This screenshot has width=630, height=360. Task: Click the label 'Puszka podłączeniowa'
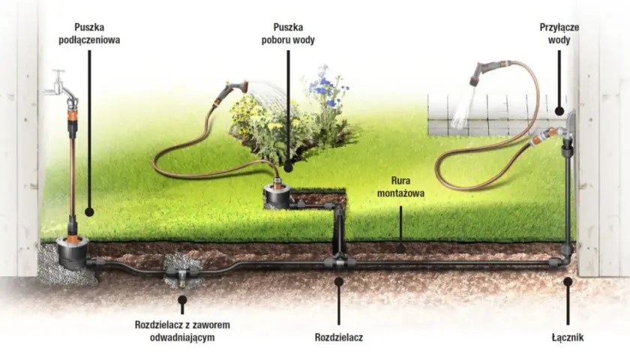click(89, 34)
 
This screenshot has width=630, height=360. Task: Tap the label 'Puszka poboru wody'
click(288, 34)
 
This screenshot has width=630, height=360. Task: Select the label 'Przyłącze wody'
click(559, 34)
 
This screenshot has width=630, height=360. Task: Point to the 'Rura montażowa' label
click(400, 187)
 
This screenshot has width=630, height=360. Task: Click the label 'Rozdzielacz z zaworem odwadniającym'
click(182, 331)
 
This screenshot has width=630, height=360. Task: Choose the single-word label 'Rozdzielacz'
click(339, 337)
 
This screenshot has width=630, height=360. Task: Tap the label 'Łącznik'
click(568, 337)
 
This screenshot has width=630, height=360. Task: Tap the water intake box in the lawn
click(277, 196)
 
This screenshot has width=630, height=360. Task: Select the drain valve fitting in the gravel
click(181, 274)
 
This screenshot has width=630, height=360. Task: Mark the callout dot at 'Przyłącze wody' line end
click(559, 111)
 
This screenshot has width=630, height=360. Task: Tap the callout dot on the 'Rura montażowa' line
click(400, 249)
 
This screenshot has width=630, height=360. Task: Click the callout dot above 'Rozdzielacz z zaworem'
click(182, 300)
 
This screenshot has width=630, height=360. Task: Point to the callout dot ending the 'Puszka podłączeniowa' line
click(89, 211)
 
